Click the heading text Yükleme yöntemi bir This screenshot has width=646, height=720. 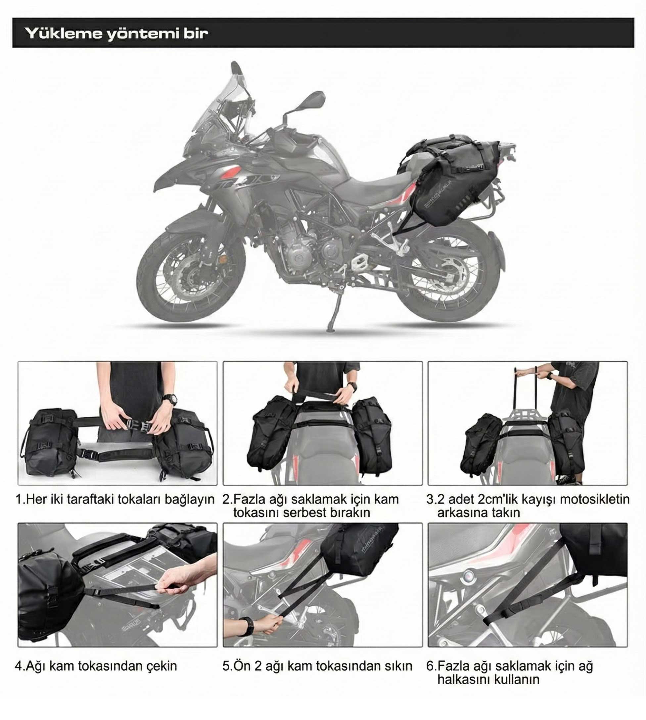116,33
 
